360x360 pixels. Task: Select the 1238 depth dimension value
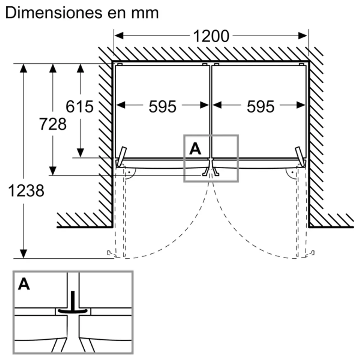26,191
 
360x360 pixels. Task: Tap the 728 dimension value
53,124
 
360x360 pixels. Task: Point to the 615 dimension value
80,106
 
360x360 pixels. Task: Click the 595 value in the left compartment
162,106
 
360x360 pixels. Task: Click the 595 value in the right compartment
260,106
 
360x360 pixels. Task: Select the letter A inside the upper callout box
195,148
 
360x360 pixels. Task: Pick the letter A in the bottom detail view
24,284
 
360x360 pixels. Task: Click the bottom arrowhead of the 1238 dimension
23,254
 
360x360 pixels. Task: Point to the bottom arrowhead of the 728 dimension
53,171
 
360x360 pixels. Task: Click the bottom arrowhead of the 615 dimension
80,153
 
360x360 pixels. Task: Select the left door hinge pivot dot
129,172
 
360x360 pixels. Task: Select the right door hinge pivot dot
293,172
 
